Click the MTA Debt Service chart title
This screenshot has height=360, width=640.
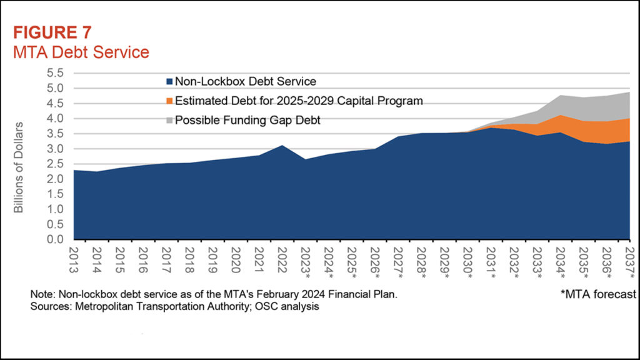[x=81, y=51]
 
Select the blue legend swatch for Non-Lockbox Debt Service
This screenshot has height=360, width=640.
[x=169, y=81]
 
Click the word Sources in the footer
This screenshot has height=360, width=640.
[x=47, y=307]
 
